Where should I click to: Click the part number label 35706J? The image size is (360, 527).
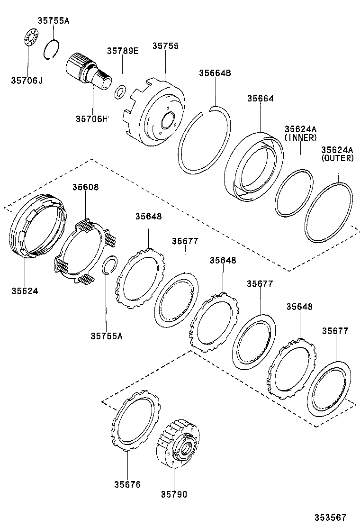click(27, 80)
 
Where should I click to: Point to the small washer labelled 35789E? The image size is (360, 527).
click(120, 91)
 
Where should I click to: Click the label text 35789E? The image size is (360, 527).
click(122, 51)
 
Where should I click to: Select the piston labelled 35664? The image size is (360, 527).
click(253, 166)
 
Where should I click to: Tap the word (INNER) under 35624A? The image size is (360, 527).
click(300, 137)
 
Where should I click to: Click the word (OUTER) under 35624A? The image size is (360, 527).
click(337, 158)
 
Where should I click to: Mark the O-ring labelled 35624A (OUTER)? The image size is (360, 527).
click(329, 213)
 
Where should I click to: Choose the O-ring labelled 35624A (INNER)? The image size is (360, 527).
click(294, 193)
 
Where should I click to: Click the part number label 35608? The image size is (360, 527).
click(85, 187)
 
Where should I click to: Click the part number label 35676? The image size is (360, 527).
click(127, 484)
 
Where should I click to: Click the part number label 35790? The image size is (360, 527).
click(173, 494)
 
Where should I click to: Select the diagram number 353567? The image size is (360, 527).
click(332, 517)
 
